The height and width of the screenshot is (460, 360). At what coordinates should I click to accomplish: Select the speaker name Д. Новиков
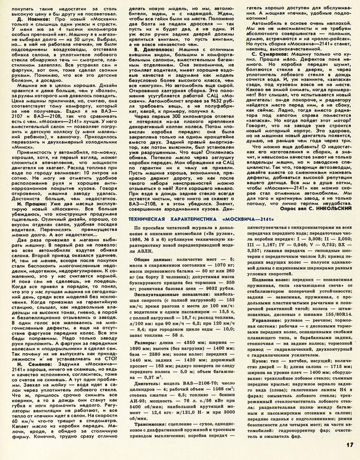(x=26, y=20)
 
